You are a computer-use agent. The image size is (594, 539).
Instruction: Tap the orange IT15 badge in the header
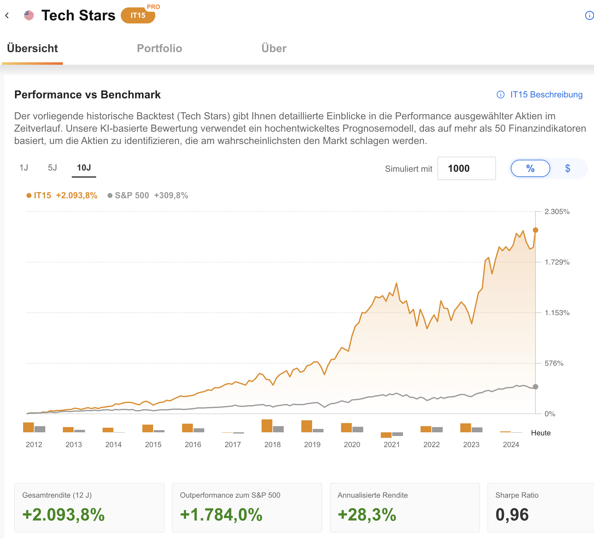coord(138,15)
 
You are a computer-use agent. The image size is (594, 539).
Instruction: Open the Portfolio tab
coord(159,48)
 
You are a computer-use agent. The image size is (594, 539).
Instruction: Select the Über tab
coord(274,48)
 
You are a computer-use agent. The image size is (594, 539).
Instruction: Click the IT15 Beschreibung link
coord(546,95)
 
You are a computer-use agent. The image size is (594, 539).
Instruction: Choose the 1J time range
coord(24,168)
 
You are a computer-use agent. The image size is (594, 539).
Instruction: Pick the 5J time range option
coord(52,168)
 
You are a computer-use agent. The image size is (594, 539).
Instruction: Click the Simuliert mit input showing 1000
coord(466,168)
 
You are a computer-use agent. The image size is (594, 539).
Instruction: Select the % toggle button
coord(530,168)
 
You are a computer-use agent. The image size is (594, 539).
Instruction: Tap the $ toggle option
coord(568,168)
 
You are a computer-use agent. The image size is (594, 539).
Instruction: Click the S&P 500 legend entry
coord(132,195)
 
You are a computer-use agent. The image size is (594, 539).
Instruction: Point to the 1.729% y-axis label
coord(557,262)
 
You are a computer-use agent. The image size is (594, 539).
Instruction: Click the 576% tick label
coord(554,363)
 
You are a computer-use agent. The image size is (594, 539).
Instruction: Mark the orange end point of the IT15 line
coord(535,230)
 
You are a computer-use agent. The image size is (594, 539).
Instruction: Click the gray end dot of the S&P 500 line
coord(535,387)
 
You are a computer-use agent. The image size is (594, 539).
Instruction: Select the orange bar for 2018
coord(267,426)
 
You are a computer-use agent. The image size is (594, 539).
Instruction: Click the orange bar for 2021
coord(386,435)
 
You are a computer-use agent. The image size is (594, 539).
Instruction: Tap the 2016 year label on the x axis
coord(193,445)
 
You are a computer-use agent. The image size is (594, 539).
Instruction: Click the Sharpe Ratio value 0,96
coord(512,515)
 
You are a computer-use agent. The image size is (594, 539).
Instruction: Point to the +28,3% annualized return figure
coord(367,515)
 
